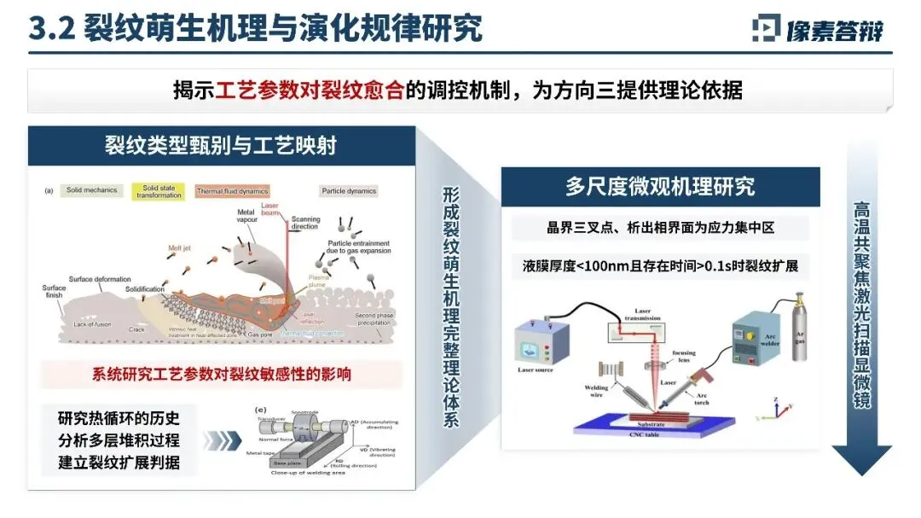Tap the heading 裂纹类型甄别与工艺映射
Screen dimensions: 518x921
[x=220, y=145]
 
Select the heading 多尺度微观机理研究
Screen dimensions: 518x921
[x=659, y=187]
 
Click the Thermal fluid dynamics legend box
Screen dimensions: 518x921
[x=231, y=191]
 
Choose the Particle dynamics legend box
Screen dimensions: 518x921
[x=348, y=191]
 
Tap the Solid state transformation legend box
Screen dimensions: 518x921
[x=162, y=192]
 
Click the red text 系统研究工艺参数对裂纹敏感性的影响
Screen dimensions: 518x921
[x=222, y=374]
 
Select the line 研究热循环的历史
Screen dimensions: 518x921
[x=119, y=418]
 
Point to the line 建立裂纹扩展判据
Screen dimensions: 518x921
[x=119, y=465]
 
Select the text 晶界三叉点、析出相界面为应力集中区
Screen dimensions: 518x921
[x=659, y=228]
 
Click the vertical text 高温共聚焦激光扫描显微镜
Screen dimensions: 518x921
[x=861, y=303]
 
